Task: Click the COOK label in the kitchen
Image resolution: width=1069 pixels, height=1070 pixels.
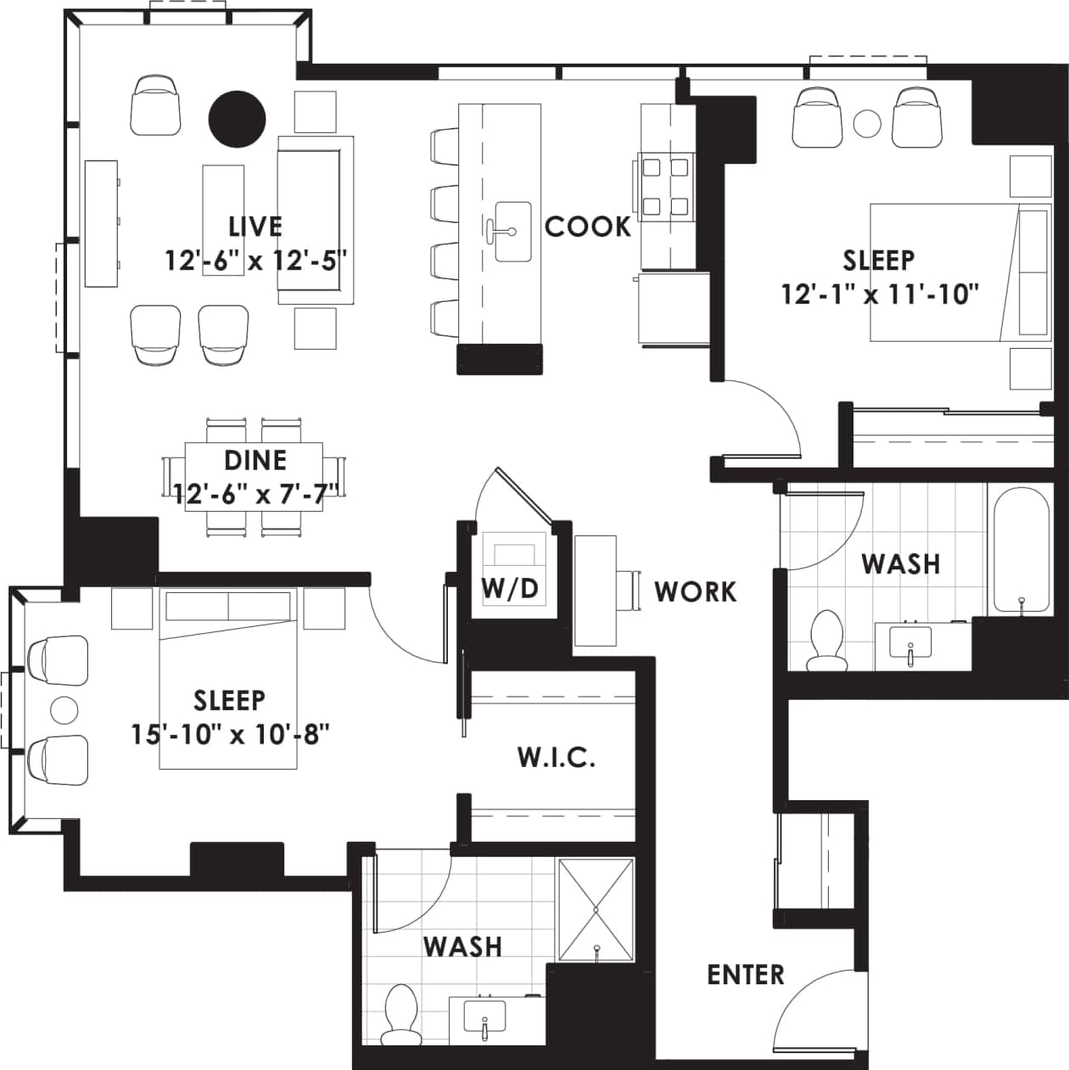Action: pyautogui.click(x=587, y=227)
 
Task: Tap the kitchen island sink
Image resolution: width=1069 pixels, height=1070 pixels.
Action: pyautogui.click(x=512, y=231)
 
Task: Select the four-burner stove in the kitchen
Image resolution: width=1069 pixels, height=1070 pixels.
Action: pyautogui.click(x=664, y=186)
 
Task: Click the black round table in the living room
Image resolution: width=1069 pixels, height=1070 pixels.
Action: pyautogui.click(x=238, y=119)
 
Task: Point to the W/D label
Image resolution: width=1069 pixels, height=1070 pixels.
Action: pyautogui.click(x=510, y=588)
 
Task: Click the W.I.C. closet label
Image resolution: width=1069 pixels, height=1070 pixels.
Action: pyautogui.click(x=556, y=757)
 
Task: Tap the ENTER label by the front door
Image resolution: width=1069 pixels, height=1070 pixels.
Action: pyautogui.click(x=745, y=974)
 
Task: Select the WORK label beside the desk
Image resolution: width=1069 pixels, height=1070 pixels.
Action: pyautogui.click(x=695, y=591)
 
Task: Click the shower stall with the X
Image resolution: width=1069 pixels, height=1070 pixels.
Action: pyautogui.click(x=596, y=910)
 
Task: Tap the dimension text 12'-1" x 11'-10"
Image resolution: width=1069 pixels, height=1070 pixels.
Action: pyautogui.click(x=880, y=294)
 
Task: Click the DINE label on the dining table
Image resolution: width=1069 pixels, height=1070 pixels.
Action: pyautogui.click(x=255, y=460)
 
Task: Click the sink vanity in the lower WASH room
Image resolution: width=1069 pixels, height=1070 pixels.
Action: pyautogui.click(x=485, y=1018)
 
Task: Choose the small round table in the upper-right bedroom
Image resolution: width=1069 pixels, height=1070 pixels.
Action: pyautogui.click(x=867, y=124)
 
